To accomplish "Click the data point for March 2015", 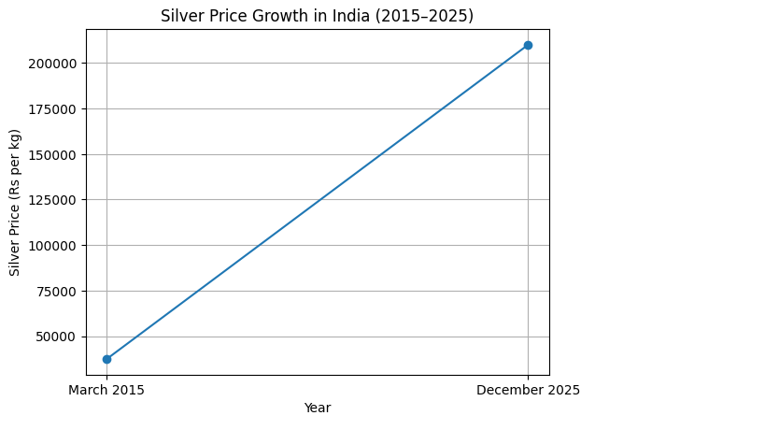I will click(x=106, y=359).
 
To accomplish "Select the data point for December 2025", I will click(x=528, y=45).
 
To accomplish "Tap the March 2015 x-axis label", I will click(x=106, y=390).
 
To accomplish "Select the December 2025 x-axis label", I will click(x=528, y=390).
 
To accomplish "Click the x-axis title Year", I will click(x=318, y=408).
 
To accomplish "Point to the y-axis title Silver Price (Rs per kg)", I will click(x=15, y=202).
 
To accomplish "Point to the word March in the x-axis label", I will click(x=88, y=390).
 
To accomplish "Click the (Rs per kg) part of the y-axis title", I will click(x=15, y=164).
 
